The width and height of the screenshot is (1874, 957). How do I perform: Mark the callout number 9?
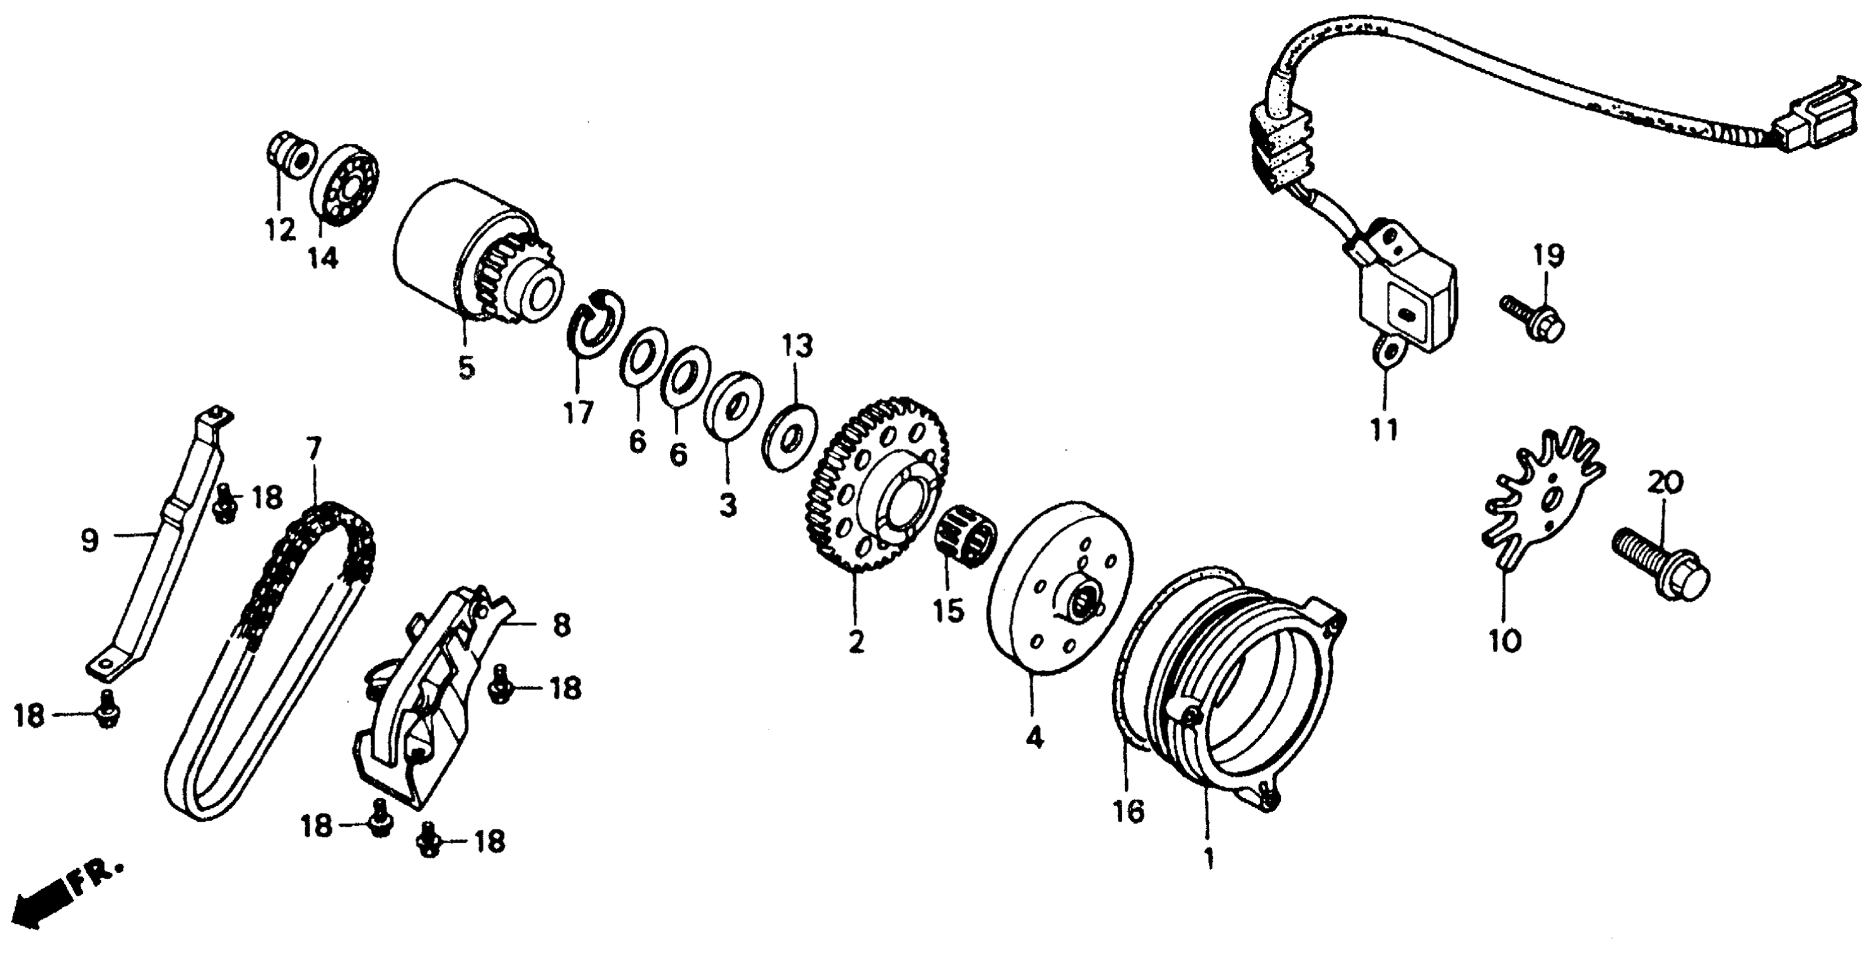coord(90,540)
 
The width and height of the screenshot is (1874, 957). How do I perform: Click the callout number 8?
coord(561,626)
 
